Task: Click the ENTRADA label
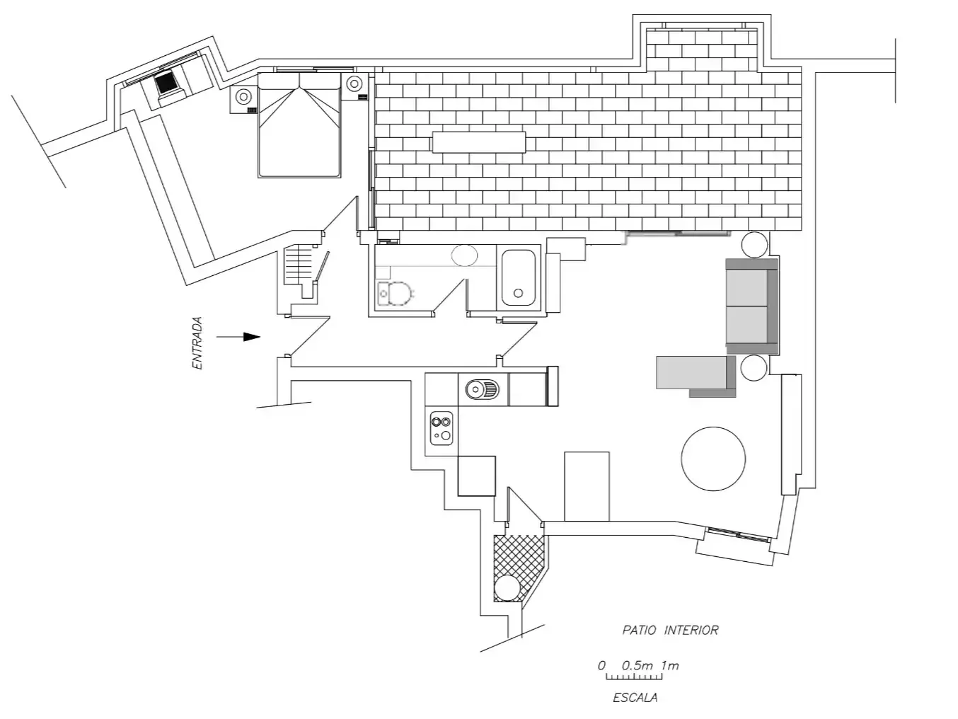(x=197, y=343)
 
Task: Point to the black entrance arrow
(x=238, y=337)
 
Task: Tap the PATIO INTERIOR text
(x=670, y=630)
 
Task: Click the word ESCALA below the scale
(x=635, y=698)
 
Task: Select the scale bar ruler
(x=634, y=677)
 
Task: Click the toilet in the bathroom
(x=396, y=294)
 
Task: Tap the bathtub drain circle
(x=518, y=293)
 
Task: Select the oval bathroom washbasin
(x=464, y=255)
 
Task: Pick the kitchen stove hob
(x=442, y=428)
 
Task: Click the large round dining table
(x=713, y=459)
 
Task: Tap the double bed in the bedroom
(x=299, y=125)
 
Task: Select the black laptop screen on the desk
(x=166, y=83)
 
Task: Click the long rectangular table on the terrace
(x=479, y=142)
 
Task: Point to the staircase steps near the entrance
(x=299, y=265)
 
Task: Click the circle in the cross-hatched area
(x=507, y=587)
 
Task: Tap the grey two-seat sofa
(x=751, y=306)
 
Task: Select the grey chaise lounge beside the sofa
(x=696, y=376)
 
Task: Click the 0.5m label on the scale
(x=637, y=666)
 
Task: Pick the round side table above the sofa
(x=754, y=244)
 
